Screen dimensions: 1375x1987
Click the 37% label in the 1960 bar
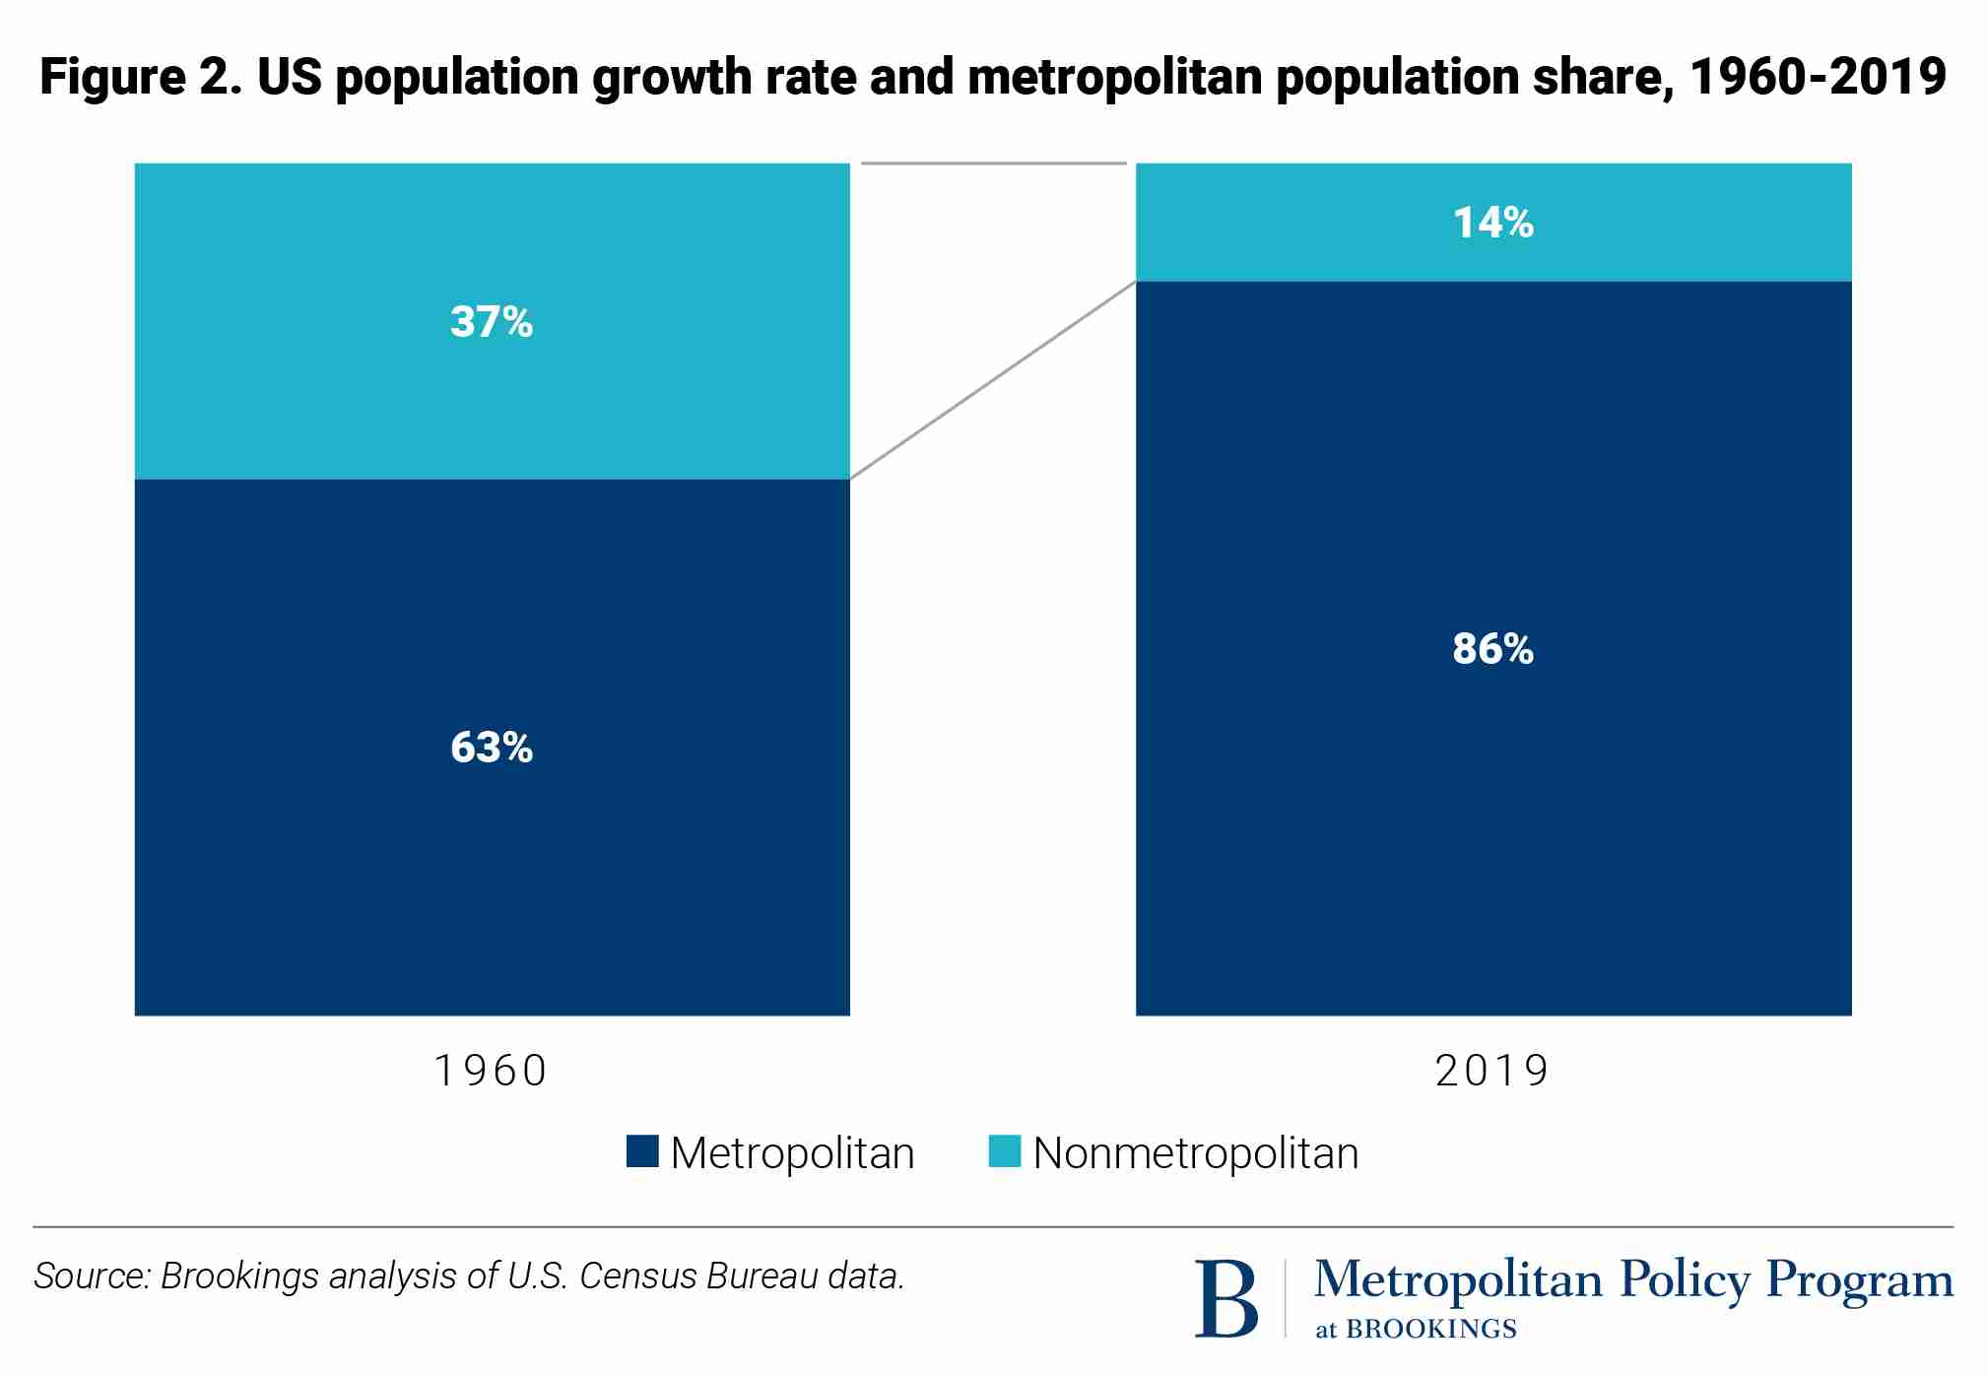[x=491, y=322]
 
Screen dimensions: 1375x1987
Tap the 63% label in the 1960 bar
[x=491, y=748]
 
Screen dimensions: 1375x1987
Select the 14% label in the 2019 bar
[x=1492, y=223]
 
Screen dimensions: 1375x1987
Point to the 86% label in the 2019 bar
[x=1492, y=649]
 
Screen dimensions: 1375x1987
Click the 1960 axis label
[x=491, y=1071]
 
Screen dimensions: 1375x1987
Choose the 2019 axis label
[x=1492, y=1071]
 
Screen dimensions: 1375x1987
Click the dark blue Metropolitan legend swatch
[x=642, y=1151]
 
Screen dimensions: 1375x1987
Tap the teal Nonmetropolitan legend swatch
[x=1004, y=1151]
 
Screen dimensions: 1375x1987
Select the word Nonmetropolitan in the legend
[x=1195, y=1153]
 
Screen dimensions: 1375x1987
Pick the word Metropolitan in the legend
[x=792, y=1153]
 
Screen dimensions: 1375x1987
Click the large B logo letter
[x=1225, y=1299]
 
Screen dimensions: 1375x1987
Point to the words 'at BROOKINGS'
[x=1416, y=1329]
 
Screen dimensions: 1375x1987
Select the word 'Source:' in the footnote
[x=92, y=1277]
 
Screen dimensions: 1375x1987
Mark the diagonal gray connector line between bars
[x=992, y=380]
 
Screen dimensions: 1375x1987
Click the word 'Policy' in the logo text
[x=1685, y=1279]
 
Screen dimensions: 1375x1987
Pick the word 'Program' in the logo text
[x=1859, y=1281]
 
